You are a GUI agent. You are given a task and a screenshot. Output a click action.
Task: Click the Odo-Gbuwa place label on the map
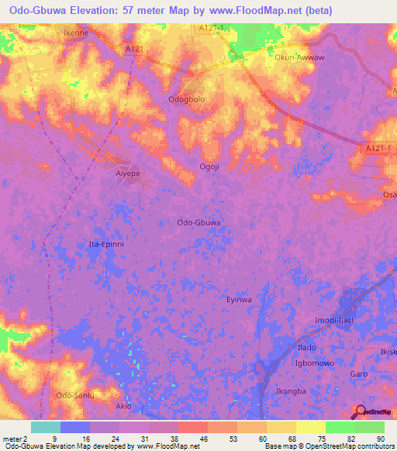(199, 222)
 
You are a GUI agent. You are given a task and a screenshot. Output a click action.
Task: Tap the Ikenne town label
(76, 33)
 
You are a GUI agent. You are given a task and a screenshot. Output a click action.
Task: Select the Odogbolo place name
(188, 100)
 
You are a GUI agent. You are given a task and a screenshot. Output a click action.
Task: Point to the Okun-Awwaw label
(299, 57)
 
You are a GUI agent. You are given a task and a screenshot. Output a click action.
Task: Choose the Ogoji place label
(210, 166)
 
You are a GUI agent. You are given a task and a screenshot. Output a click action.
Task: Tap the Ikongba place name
(292, 391)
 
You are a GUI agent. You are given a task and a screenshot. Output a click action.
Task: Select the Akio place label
(123, 406)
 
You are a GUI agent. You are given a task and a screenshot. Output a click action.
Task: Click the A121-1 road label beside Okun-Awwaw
(211, 27)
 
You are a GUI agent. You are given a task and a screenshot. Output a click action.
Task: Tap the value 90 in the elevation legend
(380, 438)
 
